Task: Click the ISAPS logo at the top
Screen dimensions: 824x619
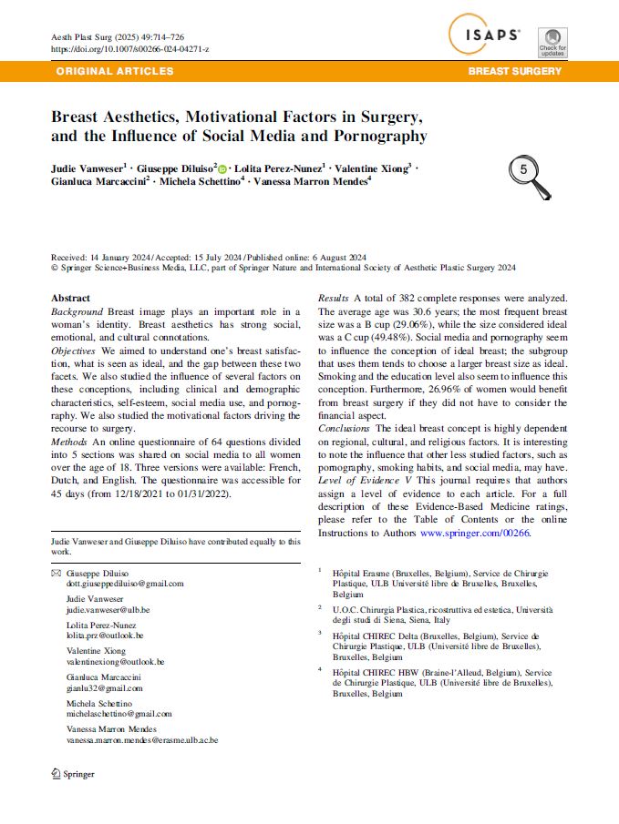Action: [485, 36]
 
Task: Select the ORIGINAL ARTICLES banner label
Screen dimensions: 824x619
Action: [115, 71]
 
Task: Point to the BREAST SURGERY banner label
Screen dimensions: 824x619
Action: [514, 71]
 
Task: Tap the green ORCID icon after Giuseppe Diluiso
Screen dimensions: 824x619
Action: [222, 168]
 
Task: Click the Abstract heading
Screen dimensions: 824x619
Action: [70, 299]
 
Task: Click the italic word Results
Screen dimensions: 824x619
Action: [334, 299]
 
